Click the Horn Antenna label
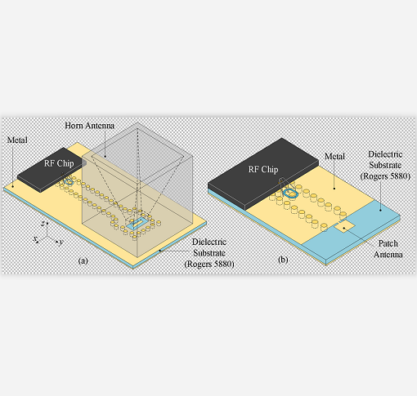[89, 126]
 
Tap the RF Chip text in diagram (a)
[59, 163]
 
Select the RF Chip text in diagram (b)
[263, 169]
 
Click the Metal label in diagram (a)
[17, 140]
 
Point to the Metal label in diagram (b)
[334, 156]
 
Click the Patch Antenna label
[388, 249]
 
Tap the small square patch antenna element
[345, 227]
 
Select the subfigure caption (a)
[83, 260]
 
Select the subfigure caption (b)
[283, 260]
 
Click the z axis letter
[43, 224]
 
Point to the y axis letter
[61, 242]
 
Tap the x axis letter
[35, 238]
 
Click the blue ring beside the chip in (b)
[290, 194]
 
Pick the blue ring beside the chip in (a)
[69, 181]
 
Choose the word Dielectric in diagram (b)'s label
[385, 154]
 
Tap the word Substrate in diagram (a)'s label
[209, 253]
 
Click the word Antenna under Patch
[388, 255]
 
